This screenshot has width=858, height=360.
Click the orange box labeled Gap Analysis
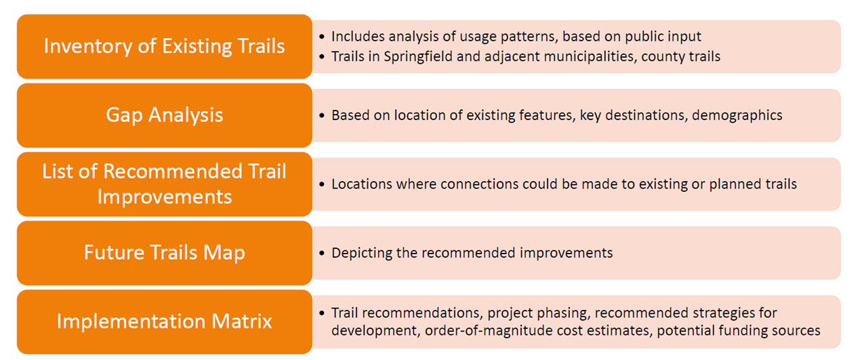pos(165,115)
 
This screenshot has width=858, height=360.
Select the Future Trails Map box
pos(165,253)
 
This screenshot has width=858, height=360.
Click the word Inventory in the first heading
pos(87,47)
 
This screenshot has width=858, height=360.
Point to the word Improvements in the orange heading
pos(165,197)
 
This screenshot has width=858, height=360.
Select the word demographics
pos(737,116)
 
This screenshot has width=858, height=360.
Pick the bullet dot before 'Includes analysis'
pos(322,37)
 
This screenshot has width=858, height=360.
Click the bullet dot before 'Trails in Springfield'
pos(322,57)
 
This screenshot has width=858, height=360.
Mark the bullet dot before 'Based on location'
pos(322,116)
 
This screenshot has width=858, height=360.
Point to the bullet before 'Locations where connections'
pos(322,184)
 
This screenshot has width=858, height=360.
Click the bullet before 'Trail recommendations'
pos(322,313)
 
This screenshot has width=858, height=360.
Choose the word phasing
pos(563,314)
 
